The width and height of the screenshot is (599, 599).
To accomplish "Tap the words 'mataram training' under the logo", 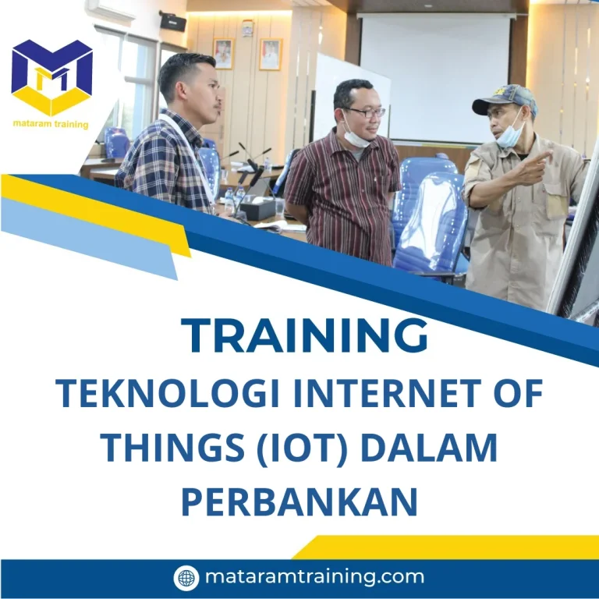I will (51, 124).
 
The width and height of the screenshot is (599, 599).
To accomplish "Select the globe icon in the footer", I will (186, 578).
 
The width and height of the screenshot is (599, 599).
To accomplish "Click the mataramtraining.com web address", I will (314, 578).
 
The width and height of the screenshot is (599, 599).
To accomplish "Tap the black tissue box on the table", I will (258, 208).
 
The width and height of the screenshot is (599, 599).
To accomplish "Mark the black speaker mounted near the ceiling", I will (172, 21).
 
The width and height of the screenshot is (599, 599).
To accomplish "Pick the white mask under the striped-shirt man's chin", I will (354, 138).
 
